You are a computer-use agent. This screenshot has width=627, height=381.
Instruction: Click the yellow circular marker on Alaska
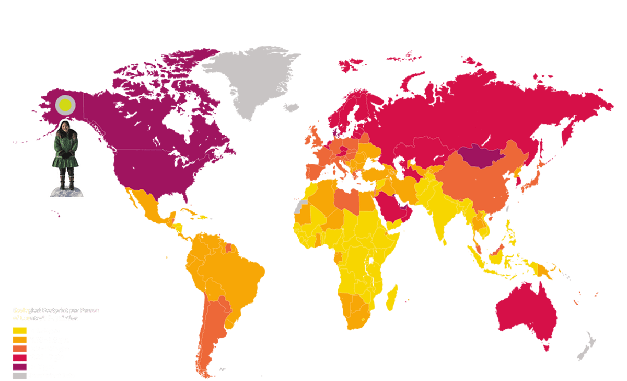click(65, 105)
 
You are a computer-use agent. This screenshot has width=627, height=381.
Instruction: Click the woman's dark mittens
click(65, 154)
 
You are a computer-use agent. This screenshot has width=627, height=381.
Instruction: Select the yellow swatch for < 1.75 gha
click(19, 331)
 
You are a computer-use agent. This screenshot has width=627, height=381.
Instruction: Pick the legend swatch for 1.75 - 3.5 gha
click(19, 340)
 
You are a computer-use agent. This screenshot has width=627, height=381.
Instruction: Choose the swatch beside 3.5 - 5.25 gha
click(19, 349)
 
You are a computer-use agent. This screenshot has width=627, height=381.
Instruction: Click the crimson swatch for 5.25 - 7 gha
click(19, 357)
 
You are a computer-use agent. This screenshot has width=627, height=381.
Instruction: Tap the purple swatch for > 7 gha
click(19, 366)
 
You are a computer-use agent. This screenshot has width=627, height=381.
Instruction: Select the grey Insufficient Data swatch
click(19, 375)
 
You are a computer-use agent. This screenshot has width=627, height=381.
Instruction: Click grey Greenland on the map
click(251, 79)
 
